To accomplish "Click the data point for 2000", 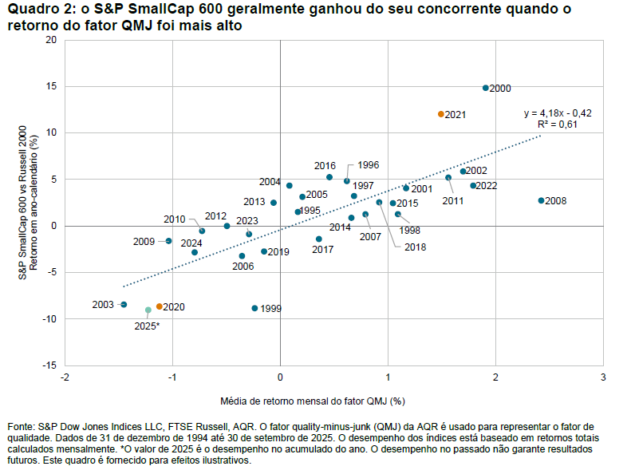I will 485,88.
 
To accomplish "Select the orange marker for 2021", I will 440,114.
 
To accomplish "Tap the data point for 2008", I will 541,200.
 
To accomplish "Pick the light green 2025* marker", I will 148,310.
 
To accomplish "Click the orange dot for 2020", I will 159,306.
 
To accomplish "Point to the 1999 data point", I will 254,308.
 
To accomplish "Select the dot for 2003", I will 124,304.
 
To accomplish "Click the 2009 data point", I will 168,241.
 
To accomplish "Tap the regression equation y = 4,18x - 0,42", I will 557,113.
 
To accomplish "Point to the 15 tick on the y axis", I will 52,86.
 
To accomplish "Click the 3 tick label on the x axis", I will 603,377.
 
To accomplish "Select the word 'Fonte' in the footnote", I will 21,427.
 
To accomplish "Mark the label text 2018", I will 415,247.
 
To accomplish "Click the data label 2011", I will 452,201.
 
